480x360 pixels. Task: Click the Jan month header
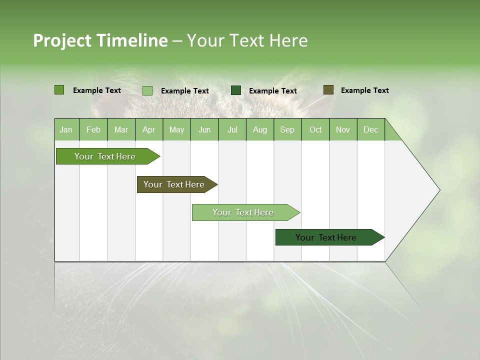tap(66, 129)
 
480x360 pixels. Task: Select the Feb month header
tap(93, 129)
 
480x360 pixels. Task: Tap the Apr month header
tap(148, 129)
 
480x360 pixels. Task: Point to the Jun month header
tap(204, 129)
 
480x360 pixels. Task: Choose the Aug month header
tap(259, 129)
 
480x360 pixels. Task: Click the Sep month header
tap(287, 129)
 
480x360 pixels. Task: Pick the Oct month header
tap(315, 129)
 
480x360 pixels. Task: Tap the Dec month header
tap(370, 129)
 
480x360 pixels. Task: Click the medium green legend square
tap(59, 90)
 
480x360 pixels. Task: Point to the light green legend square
tap(147, 90)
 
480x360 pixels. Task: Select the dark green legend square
tap(236, 90)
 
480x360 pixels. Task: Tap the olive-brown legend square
tap(328, 90)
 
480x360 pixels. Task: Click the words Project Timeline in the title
tap(100, 40)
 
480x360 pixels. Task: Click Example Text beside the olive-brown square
tap(364, 90)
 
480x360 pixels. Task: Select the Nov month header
tap(342, 129)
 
